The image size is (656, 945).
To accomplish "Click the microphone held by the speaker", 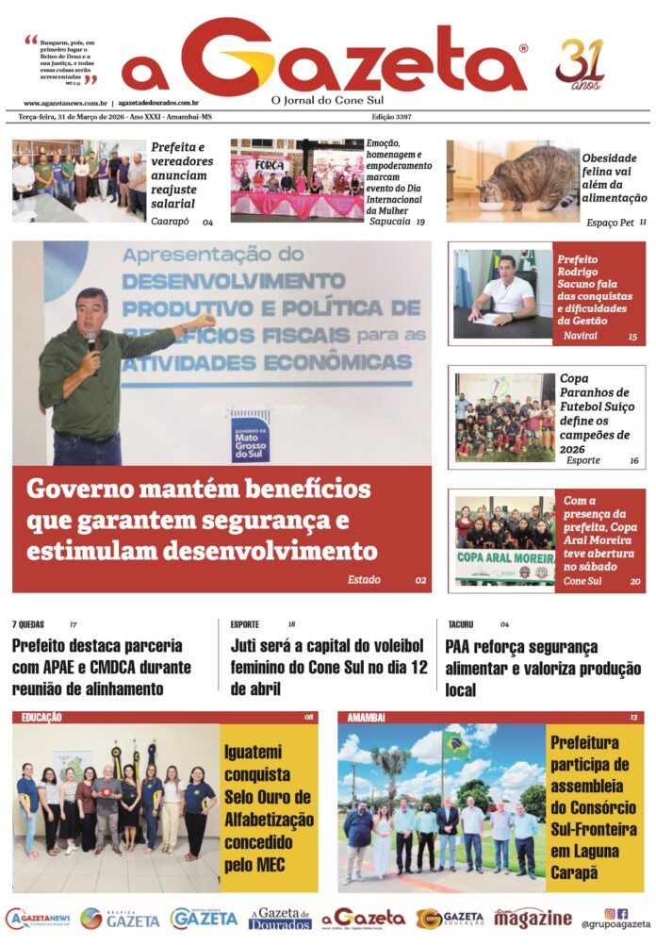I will pyautogui.click(x=91, y=343).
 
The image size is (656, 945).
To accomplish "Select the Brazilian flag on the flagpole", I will pyautogui.click(x=457, y=745).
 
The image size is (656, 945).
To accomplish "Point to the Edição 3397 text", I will pyautogui.click(x=392, y=116).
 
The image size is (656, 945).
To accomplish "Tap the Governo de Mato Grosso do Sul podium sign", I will pyautogui.click(x=250, y=436).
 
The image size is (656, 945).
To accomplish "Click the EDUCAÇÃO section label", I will pyautogui.click(x=41, y=718).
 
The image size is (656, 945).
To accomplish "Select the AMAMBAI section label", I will pyautogui.click(x=366, y=718).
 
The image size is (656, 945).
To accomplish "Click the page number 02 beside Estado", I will pyautogui.click(x=420, y=579).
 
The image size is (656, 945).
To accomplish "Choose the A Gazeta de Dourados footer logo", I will pyautogui.click(x=280, y=919).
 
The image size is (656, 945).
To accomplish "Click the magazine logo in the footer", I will pyautogui.click(x=533, y=918).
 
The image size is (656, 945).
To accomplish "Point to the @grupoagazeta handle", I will pyautogui.click(x=615, y=925).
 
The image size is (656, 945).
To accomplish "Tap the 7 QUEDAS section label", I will pyautogui.click(x=28, y=624).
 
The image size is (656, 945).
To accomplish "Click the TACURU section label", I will pyautogui.click(x=461, y=624).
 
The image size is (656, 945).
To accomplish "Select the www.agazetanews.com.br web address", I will pyautogui.click(x=65, y=103).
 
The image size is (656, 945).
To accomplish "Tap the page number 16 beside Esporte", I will pyautogui.click(x=633, y=461).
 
